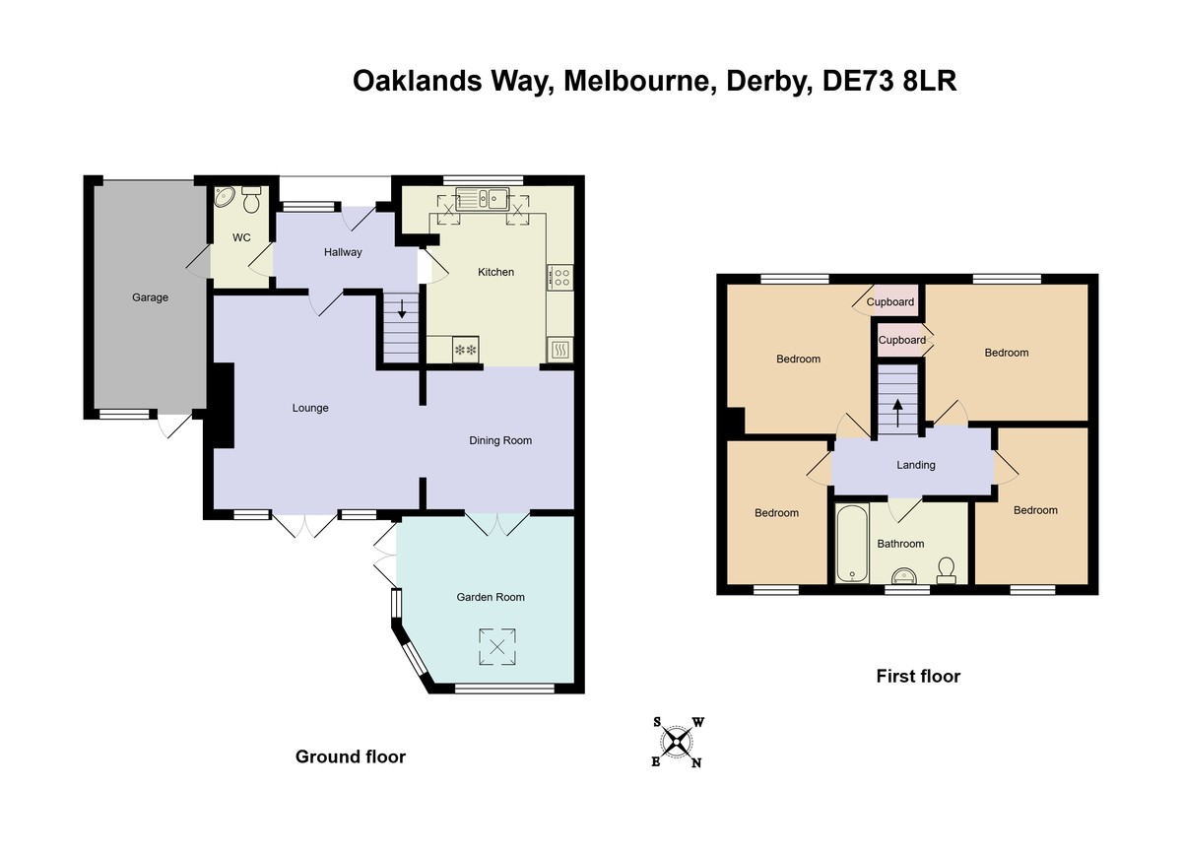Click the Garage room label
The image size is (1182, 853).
(x=151, y=297)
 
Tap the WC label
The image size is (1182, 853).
(x=241, y=238)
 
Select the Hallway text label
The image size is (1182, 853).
(x=343, y=252)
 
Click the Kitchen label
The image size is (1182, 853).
(x=495, y=272)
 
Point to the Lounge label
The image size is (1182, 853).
(x=310, y=408)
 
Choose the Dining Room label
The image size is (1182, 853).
(x=499, y=440)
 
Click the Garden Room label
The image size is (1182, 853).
(x=490, y=597)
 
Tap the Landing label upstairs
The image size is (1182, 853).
(x=915, y=465)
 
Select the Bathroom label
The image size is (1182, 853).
(x=900, y=544)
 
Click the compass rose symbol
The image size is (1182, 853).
(x=677, y=741)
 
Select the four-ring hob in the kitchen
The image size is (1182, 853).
(x=560, y=278)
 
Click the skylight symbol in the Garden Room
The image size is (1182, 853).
(x=497, y=647)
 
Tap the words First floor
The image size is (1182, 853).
(x=918, y=677)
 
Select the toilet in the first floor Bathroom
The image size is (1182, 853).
(x=947, y=569)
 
